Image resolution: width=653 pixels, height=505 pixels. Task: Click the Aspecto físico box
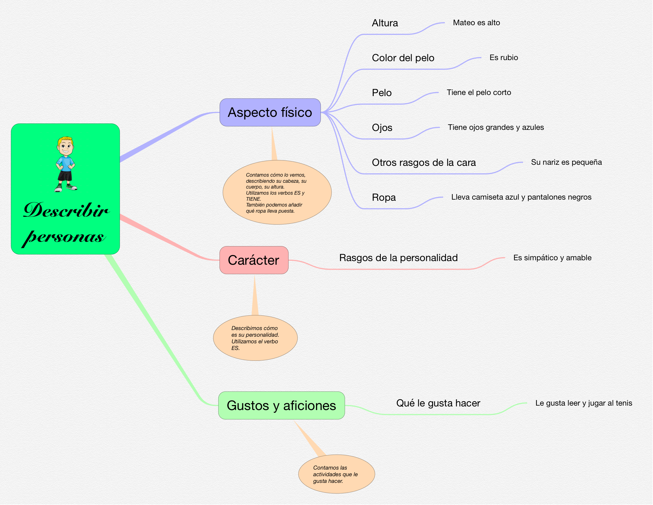[270, 113]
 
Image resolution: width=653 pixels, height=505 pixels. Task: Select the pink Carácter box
[254, 260]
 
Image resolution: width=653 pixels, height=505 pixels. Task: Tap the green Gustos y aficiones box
[281, 406]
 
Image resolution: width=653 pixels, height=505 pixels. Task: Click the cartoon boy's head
[65, 146]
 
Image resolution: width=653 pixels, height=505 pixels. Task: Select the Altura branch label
[385, 23]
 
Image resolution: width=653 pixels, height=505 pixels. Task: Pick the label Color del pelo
[403, 58]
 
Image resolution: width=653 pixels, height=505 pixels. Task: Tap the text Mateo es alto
[476, 23]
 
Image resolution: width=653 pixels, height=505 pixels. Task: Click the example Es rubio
[504, 58]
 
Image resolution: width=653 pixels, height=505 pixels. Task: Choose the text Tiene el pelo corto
[479, 92]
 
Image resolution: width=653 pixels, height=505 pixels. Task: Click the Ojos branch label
[382, 128]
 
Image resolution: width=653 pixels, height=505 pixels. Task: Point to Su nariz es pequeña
[566, 162]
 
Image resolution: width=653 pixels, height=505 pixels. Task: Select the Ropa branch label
[384, 197]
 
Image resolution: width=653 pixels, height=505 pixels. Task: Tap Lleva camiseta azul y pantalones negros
[521, 197]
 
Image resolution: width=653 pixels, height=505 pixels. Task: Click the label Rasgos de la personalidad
[398, 258]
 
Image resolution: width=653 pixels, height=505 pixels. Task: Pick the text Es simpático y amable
[552, 258]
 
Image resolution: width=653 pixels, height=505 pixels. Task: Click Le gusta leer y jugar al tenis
[584, 403]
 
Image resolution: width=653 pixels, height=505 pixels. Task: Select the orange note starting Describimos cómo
[255, 338]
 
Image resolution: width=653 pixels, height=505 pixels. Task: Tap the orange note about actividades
[336, 474]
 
